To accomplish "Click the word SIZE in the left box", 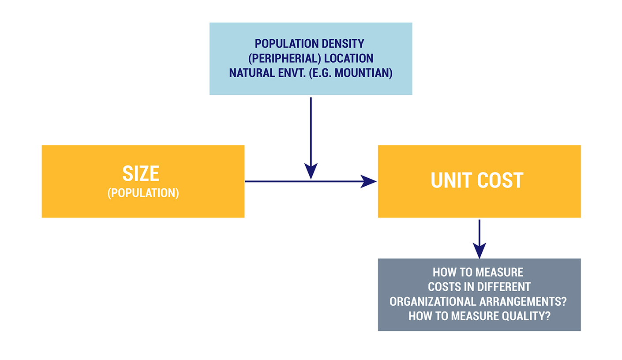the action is (141, 174).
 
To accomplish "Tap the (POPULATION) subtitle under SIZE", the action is (143, 193).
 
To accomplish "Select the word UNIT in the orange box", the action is (451, 180).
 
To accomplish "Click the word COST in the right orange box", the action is (500, 180).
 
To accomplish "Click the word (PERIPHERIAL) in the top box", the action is (285, 58).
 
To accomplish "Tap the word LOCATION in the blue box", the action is (349, 58).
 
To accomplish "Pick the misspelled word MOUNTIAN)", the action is (363, 73).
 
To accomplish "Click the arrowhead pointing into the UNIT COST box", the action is (369, 181).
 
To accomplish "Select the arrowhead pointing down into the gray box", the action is (480, 251).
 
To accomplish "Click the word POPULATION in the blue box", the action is (283, 44).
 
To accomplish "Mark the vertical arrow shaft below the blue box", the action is (311, 131).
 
